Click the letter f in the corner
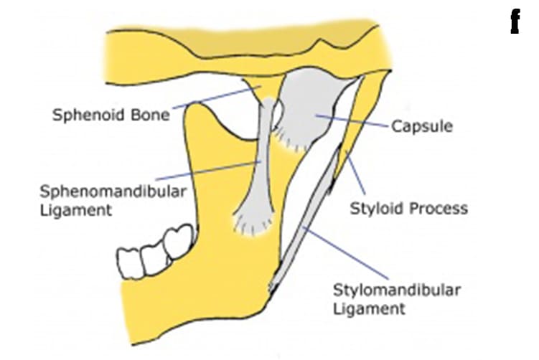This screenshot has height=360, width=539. tap(514, 24)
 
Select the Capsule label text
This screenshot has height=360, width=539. tap(422, 126)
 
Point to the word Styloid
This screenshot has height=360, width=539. tap(376, 209)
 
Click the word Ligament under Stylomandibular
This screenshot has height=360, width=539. tap(369, 309)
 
